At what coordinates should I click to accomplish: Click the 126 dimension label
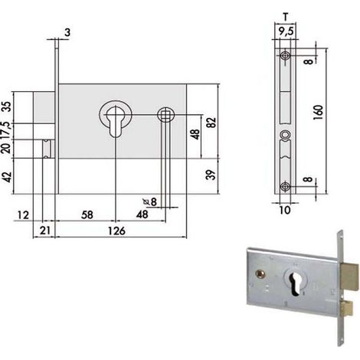(x=116, y=231)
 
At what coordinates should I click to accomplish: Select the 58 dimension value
(x=87, y=215)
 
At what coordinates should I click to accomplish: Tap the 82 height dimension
(x=211, y=123)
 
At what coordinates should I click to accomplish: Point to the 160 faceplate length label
(x=319, y=113)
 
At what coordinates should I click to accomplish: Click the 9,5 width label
(x=286, y=31)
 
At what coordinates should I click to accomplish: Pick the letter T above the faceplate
(x=286, y=17)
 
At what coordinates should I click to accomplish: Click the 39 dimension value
(x=211, y=175)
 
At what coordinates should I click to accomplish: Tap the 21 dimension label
(x=45, y=231)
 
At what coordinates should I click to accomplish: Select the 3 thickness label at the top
(x=67, y=33)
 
